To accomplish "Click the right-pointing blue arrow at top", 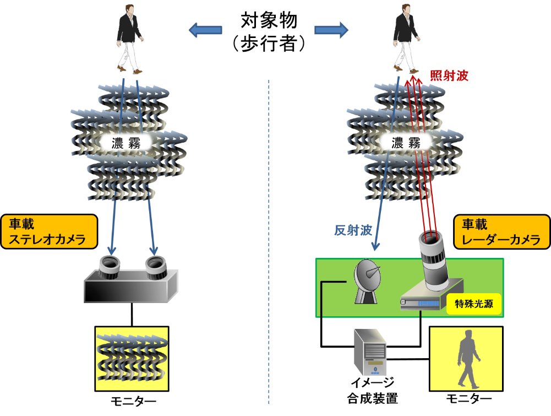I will coord(332,30).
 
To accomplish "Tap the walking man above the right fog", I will coord(406,39).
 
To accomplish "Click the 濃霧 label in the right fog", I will coord(405,143).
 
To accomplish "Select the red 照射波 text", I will coord(449,76).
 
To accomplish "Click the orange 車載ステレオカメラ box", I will coord(49,231).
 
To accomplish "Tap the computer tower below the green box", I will coord(369,352).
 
